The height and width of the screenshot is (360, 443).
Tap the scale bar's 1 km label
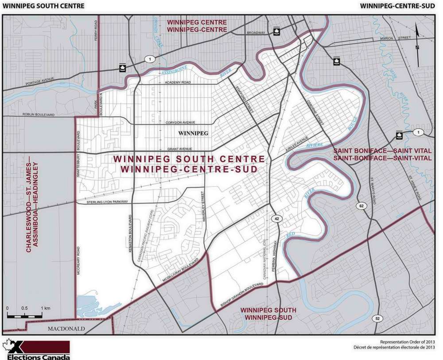[45, 308]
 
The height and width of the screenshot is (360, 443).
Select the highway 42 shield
[277, 219]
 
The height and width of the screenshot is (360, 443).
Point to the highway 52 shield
[377, 318]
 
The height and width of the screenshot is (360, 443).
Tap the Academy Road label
[177, 83]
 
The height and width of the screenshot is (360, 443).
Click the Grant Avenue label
[179, 149]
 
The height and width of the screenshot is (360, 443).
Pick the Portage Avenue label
[42, 83]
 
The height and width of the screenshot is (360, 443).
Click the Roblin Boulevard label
[39, 115]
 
